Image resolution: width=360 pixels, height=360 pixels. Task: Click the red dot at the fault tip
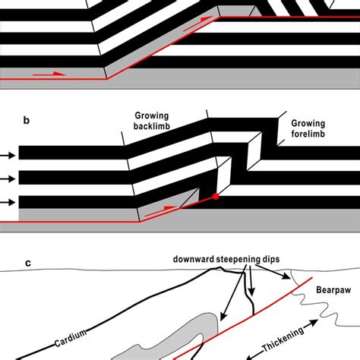216,197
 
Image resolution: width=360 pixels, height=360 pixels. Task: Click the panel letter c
28,264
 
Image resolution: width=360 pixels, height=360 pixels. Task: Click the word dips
280,260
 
